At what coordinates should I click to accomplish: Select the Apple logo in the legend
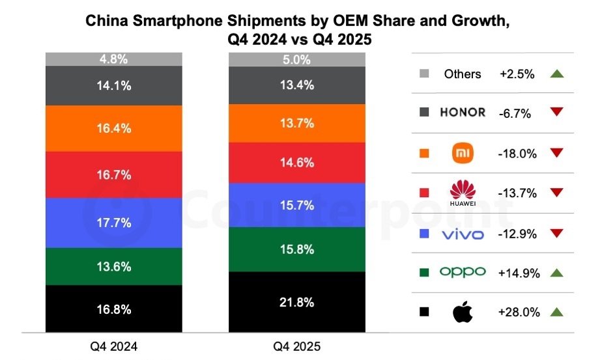click(x=462, y=312)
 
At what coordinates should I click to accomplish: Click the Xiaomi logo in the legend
click(x=462, y=153)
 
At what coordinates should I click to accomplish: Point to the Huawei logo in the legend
click(x=462, y=193)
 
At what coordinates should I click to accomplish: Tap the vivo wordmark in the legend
click(x=462, y=234)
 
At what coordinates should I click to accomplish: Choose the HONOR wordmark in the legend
click(x=462, y=113)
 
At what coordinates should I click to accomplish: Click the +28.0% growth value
click(x=519, y=312)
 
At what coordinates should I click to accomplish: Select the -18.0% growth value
click(x=518, y=154)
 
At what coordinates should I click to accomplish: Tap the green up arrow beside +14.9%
click(x=556, y=273)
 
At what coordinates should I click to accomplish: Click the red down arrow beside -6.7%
click(x=556, y=113)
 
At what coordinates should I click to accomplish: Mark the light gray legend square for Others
click(x=424, y=74)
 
